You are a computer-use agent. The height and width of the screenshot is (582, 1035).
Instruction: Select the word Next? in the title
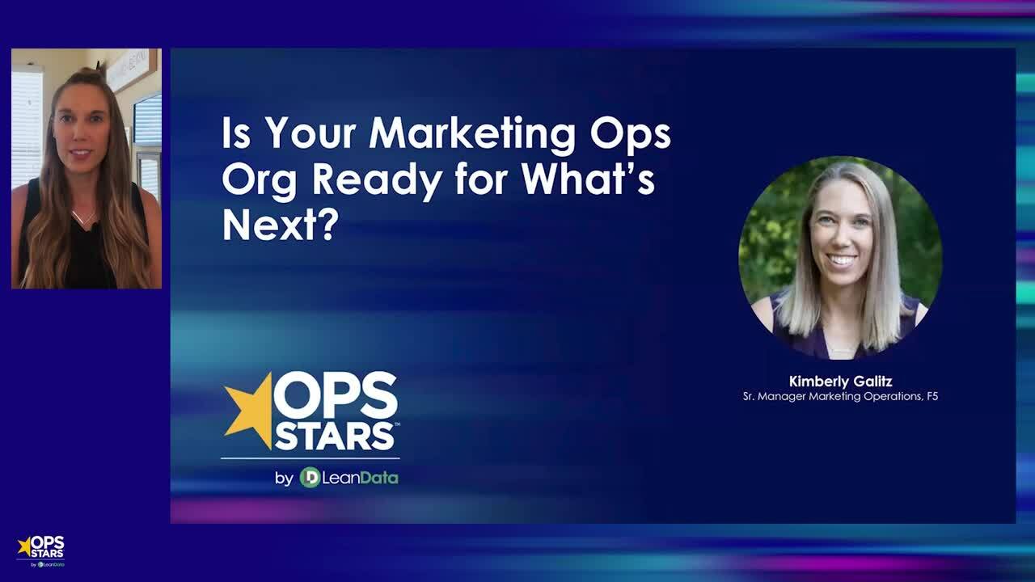[x=279, y=226]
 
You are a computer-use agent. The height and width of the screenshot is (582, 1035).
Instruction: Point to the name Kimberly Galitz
[x=840, y=382]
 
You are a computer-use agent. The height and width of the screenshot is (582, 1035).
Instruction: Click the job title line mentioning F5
[x=840, y=396]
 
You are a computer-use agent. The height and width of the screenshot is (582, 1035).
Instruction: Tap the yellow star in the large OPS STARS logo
[x=247, y=408]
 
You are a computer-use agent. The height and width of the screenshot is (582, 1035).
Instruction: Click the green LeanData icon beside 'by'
[x=310, y=478]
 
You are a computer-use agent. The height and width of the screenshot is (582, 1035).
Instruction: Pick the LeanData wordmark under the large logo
[x=360, y=478]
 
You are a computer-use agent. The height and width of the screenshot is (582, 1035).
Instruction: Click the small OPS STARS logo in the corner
[x=40, y=550]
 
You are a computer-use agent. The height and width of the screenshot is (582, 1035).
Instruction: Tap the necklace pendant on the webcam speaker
[x=83, y=220]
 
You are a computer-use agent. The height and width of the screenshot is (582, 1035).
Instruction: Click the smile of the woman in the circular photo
[x=842, y=260]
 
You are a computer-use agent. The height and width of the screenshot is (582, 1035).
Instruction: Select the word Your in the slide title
[x=310, y=134]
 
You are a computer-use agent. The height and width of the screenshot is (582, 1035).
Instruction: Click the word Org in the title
[x=261, y=180]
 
